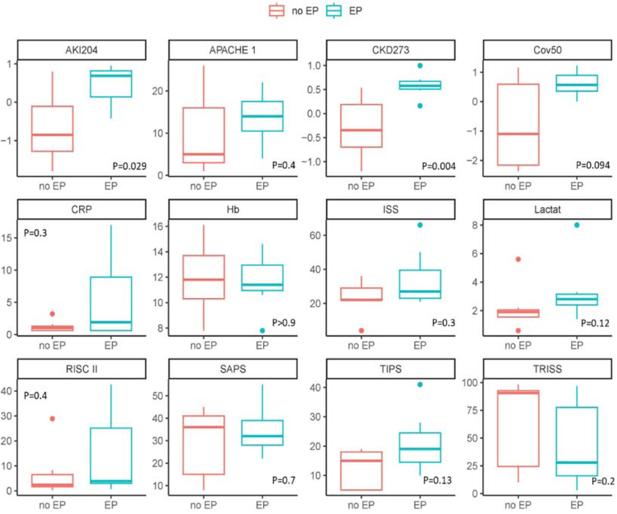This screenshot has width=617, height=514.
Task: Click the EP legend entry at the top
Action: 344,11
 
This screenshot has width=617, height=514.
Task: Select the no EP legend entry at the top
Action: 294,11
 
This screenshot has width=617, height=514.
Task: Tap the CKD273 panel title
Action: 390,50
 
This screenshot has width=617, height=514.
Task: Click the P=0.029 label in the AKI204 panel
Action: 130,166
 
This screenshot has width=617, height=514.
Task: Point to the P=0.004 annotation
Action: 439,166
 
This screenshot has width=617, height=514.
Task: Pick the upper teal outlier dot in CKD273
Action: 420,66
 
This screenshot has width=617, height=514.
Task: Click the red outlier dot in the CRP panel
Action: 53,314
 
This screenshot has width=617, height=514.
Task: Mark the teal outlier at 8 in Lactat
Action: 577,225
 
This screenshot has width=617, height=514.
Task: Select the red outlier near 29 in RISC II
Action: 53,419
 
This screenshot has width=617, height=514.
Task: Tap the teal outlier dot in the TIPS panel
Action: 420,384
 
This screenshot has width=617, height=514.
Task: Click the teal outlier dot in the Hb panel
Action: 262,330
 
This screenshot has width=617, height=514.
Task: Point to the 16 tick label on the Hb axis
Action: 158,226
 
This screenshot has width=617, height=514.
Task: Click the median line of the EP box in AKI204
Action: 111,76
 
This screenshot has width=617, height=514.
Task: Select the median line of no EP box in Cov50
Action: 518,133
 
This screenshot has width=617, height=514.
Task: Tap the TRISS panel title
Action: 547,369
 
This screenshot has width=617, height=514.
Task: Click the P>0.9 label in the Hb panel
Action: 284,323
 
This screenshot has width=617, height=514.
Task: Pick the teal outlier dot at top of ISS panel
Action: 420,225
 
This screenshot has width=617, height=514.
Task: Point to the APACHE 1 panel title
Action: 232,50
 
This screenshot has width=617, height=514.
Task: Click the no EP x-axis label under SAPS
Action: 203,505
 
